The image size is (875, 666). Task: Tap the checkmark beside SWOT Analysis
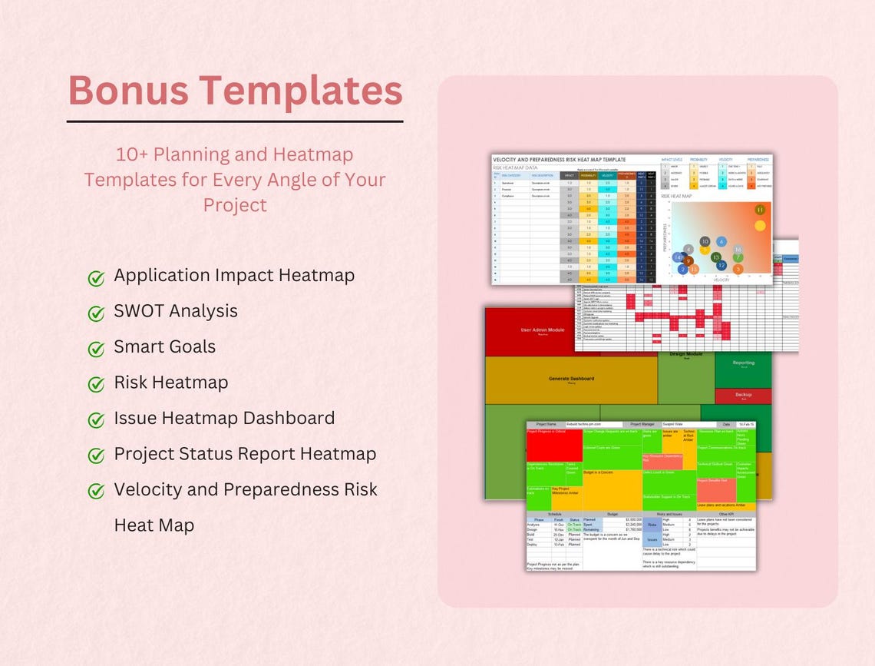tap(96, 313)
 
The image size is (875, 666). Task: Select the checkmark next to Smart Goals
tap(96, 349)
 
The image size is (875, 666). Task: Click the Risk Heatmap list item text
tap(170, 382)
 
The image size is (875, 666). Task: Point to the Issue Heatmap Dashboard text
tap(224, 418)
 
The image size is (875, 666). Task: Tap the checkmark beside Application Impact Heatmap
tap(96, 277)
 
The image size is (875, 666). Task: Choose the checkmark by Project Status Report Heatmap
tap(96, 456)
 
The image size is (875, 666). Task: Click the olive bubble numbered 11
tap(760, 209)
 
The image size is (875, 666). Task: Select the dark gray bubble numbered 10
tap(705, 241)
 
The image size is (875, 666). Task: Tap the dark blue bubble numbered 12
tap(721, 265)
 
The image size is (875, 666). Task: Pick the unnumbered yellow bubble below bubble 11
tap(760, 226)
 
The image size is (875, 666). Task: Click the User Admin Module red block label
tap(543, 330)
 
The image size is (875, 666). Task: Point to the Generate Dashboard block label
tap(570, 379)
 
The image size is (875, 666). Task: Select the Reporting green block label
tap(743, 363)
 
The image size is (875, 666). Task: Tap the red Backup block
tap(743, 396)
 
